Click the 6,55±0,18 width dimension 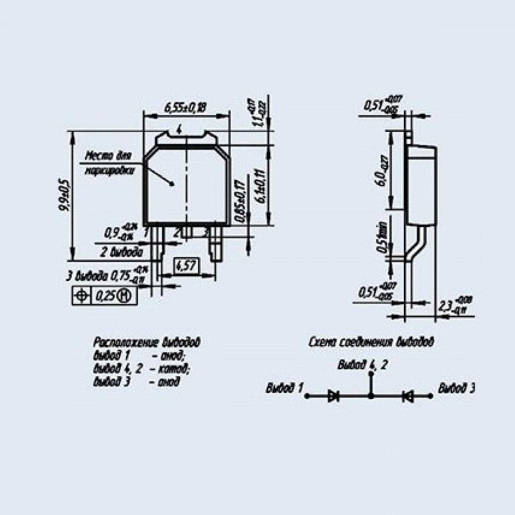coord(185,108)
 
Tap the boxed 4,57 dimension coord(186,266)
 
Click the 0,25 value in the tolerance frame coord(105,296)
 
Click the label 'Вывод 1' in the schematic coord(285,388)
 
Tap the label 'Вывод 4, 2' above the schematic coord(362,365)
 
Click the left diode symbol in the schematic coord(334,396)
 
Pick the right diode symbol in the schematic coord(407,396)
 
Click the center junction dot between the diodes coord(371,396)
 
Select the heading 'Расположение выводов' coord(147,342)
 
